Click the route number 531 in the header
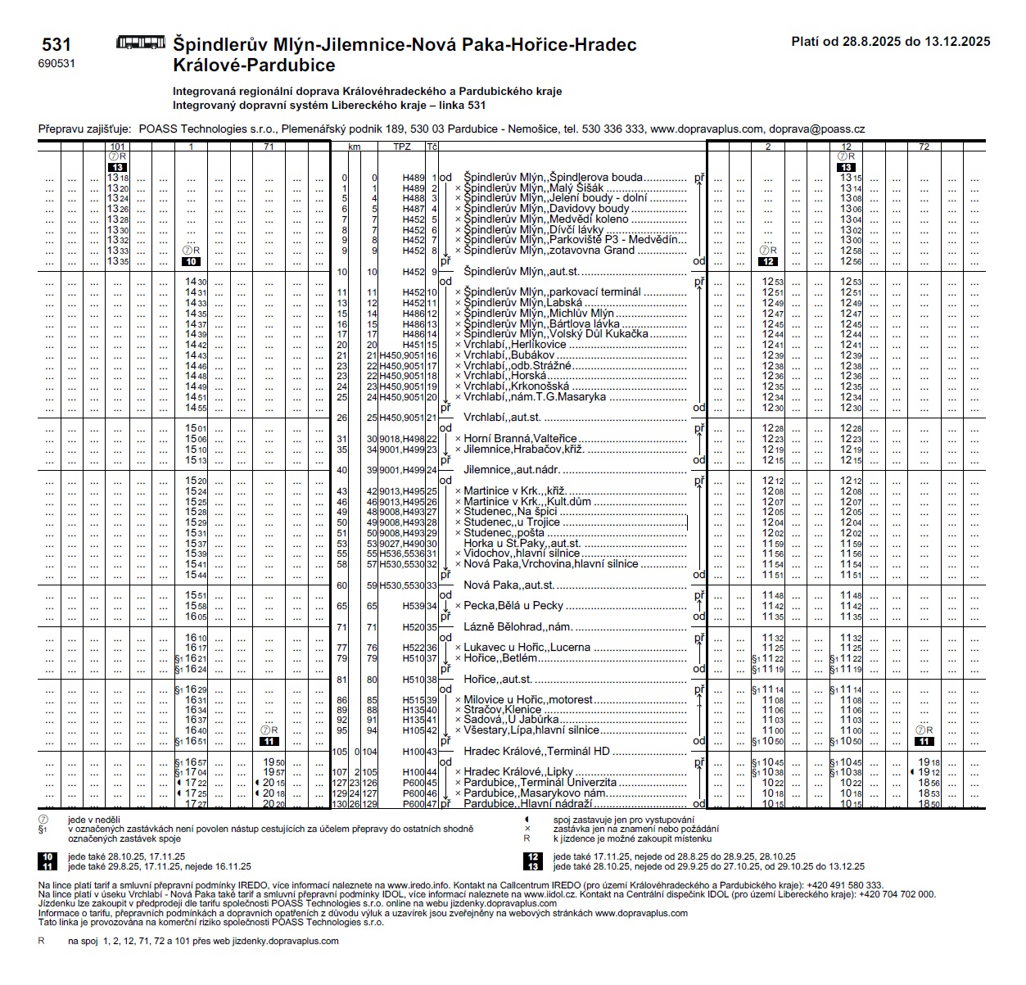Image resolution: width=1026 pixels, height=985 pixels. (56, 45)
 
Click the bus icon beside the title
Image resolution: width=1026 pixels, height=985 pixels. (141, 43)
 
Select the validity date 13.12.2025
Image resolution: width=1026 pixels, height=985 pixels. (957, 42)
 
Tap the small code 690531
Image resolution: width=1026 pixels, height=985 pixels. (56, 64)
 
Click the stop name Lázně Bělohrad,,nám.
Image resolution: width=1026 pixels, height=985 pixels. (518, 627)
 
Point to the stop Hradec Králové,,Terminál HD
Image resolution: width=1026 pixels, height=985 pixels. (536, 752)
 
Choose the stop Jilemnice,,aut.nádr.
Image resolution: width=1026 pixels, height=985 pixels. (512, 470)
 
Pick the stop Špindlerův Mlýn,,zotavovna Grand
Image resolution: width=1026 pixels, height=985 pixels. (549, 251)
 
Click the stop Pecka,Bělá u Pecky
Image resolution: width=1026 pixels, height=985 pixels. (513, 606)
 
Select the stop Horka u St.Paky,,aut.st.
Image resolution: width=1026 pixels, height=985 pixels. (522, 543)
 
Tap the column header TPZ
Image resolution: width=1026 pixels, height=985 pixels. (402, 147)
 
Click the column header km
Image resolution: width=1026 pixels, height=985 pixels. (354, 147)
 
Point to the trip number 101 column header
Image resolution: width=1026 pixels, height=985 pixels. (118, 147)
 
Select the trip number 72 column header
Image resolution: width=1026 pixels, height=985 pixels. (924, 147)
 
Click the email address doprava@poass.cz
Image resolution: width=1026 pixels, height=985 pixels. (816, 129)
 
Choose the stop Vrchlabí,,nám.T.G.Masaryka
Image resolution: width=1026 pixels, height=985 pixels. (535, 397)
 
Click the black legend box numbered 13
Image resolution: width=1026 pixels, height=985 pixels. (533, 866)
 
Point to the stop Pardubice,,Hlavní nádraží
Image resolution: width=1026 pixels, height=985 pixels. (527, 804)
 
